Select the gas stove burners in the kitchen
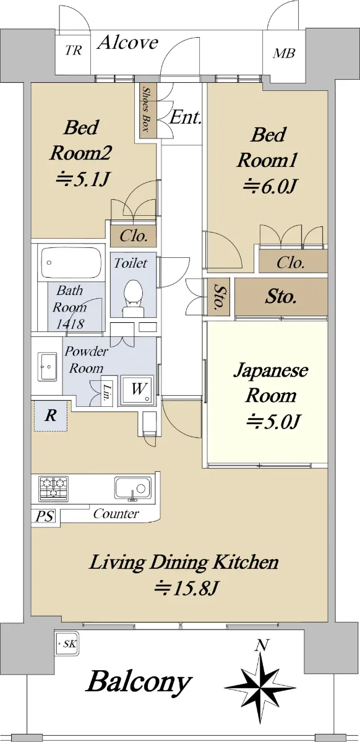(x=54, y=488)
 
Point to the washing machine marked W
(x=137, y=390)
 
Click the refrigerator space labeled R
(x=51, y=416)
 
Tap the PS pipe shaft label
(x=45, y=516)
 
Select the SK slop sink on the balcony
(x=67, y=644)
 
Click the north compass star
(x=261, y=686)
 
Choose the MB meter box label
(x=284, y=53)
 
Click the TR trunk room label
(x=73, y=50)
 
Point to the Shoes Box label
(x=145, y=109)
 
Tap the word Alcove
(x=128, y=43)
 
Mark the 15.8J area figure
(x=186, y=588)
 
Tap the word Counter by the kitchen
(x=116, y=514)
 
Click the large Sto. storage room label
(x=280, y=297)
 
